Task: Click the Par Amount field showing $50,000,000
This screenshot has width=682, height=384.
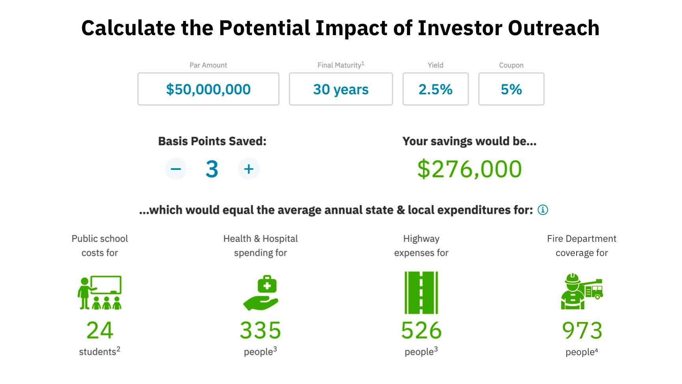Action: [208, 89]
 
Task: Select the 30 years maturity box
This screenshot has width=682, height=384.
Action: [341, 89]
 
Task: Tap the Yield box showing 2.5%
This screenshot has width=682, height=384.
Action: [435, 89]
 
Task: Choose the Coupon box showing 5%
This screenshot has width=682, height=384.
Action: [511, 89]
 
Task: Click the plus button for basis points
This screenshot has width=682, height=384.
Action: [249, 169]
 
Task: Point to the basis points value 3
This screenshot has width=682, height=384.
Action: [212, 169]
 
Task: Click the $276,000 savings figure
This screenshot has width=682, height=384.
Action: [469, 169]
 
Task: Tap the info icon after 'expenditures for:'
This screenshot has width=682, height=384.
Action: [543, 210]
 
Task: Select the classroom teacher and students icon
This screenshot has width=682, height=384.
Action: [99, 292]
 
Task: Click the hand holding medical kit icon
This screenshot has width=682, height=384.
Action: [260, 293]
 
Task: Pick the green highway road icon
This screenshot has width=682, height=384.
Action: [421, 293]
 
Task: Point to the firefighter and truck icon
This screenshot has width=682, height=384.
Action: [582, 291]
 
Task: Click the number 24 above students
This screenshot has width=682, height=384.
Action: [100, 330]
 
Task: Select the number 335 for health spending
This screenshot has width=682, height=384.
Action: [260, 330]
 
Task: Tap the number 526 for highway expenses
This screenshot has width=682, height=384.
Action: [422, 330]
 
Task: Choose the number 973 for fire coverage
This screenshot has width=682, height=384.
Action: [582, 330]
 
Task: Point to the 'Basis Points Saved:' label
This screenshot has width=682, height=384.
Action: [212, 141]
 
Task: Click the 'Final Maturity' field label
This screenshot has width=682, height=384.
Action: [339, 65]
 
